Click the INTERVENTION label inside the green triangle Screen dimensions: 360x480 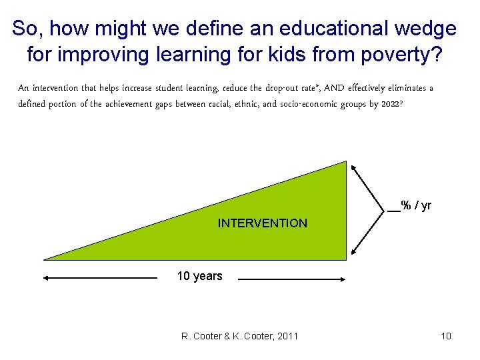[262, 223]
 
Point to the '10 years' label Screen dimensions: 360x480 [199, 276]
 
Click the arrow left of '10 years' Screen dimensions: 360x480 [100, 278]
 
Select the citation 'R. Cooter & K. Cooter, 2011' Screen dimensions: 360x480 [239, 336]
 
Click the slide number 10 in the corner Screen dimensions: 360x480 [446, 336]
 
